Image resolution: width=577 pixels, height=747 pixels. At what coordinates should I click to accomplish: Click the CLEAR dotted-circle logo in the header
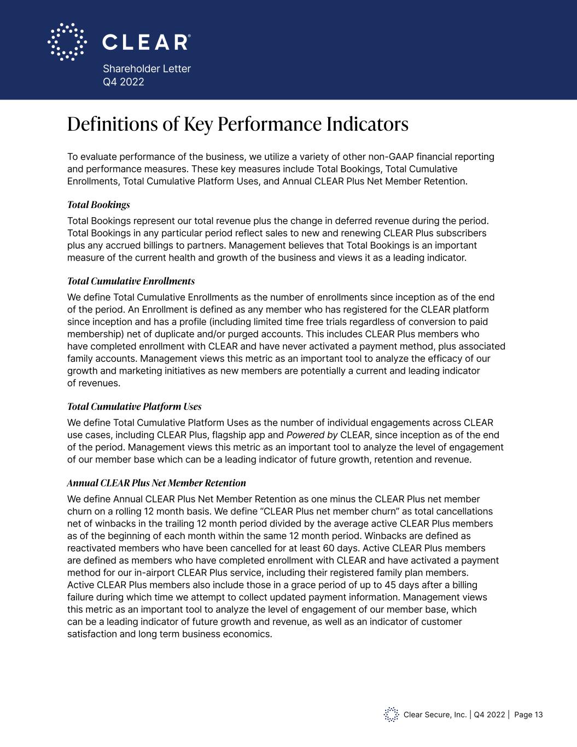point(67,42)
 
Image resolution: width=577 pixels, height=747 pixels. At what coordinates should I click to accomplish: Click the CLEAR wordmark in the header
point(147,42)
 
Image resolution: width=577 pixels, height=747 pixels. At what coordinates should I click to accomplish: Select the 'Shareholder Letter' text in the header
point(147,69)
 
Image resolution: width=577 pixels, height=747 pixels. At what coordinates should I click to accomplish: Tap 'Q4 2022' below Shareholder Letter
point(124,82)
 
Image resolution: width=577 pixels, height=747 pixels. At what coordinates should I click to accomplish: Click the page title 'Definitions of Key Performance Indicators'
point(237,124)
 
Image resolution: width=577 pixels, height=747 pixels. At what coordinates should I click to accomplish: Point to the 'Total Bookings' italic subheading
point(98,205)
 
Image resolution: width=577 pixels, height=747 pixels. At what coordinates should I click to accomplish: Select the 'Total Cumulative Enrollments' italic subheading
point(131,281)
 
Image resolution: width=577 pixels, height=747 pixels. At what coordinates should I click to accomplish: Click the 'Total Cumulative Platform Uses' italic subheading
point(134,407)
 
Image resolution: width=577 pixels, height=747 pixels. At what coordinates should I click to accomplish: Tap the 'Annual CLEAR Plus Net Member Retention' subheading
point(156,483)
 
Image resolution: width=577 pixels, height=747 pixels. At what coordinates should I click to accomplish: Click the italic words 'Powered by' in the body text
point(312,436)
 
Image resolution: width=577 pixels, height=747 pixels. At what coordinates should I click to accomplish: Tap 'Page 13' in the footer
point(528,715)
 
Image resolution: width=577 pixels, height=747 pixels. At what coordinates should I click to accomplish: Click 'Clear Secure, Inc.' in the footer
point(435,715)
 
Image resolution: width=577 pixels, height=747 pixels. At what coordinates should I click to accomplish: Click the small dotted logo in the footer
point(391,714)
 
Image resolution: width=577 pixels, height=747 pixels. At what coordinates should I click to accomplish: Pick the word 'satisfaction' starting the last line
point(92,634)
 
